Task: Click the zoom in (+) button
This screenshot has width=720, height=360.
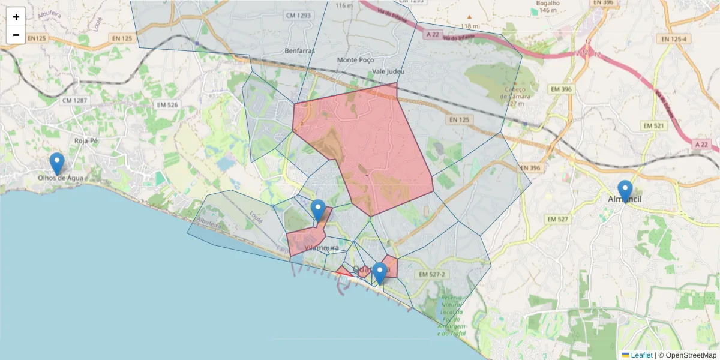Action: pos(16,17)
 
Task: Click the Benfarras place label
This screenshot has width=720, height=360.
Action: pos(300,51)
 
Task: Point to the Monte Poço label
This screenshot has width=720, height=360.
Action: pos(355,60)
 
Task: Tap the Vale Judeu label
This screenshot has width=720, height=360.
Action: pos(388,71)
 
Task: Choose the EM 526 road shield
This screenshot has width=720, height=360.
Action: pos(167,104)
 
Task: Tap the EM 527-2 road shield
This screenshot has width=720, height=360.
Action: pos(433,274)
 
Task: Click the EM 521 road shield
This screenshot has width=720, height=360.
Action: pos(655,125)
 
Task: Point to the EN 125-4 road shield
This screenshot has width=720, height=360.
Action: pos(673,39)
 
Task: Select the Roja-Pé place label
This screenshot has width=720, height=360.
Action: pos(85,140)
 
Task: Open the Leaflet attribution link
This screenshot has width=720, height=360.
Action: pos(641,355)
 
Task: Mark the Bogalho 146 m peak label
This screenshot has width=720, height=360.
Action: pos(548,6)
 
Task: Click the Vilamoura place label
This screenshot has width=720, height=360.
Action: pos(322,248)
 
